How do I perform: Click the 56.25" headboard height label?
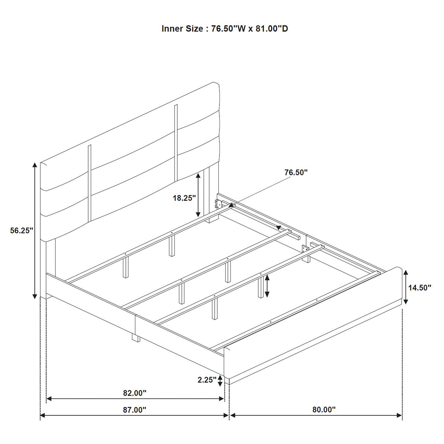22,230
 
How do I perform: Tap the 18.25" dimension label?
184,198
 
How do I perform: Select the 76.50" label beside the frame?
296,172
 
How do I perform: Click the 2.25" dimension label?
207,380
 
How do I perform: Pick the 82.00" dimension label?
135,393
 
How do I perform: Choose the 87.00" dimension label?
134,410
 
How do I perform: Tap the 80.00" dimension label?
324,410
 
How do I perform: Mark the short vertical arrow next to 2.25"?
220,381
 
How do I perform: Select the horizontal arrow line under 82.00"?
135,398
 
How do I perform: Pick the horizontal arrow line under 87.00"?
134,415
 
